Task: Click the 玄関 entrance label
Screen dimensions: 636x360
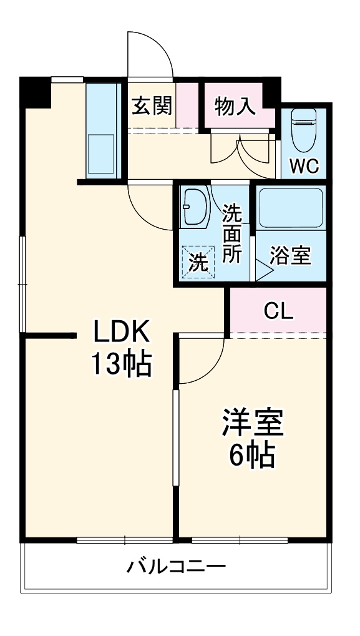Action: point(151,106)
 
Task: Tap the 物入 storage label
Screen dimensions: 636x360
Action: point(235,106)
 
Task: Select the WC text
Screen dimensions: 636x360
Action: point(304,166)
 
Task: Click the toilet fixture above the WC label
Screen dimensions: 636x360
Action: point(304,129)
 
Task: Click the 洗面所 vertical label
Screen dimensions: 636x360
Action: point(232,235)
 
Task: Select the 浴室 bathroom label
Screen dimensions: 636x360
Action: point(290,256)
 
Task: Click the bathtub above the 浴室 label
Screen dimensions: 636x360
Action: point(290,208)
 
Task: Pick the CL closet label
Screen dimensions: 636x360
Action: point(278,311)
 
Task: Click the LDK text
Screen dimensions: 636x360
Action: point(122,331)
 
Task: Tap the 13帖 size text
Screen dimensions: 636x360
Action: point(122,364)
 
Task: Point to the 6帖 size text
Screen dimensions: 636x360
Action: point(253,456)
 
